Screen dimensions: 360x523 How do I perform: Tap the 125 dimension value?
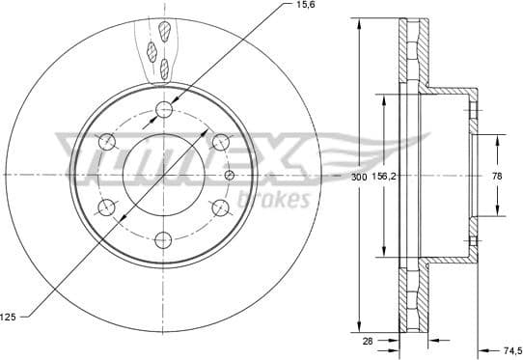click(11, 316)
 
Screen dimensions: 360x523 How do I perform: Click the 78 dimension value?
click(498, 178)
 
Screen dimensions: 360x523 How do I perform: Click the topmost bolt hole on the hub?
click(165, 108)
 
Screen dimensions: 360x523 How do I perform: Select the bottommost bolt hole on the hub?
click(165, 238)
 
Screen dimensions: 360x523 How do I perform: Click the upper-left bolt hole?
click(107, 142)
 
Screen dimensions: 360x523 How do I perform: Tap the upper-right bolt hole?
click(220, 142)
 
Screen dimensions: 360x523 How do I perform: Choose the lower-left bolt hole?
click(107, 207)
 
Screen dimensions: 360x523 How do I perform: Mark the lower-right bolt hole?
click(220, 207)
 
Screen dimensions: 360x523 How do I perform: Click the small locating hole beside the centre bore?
click(229, 175)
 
